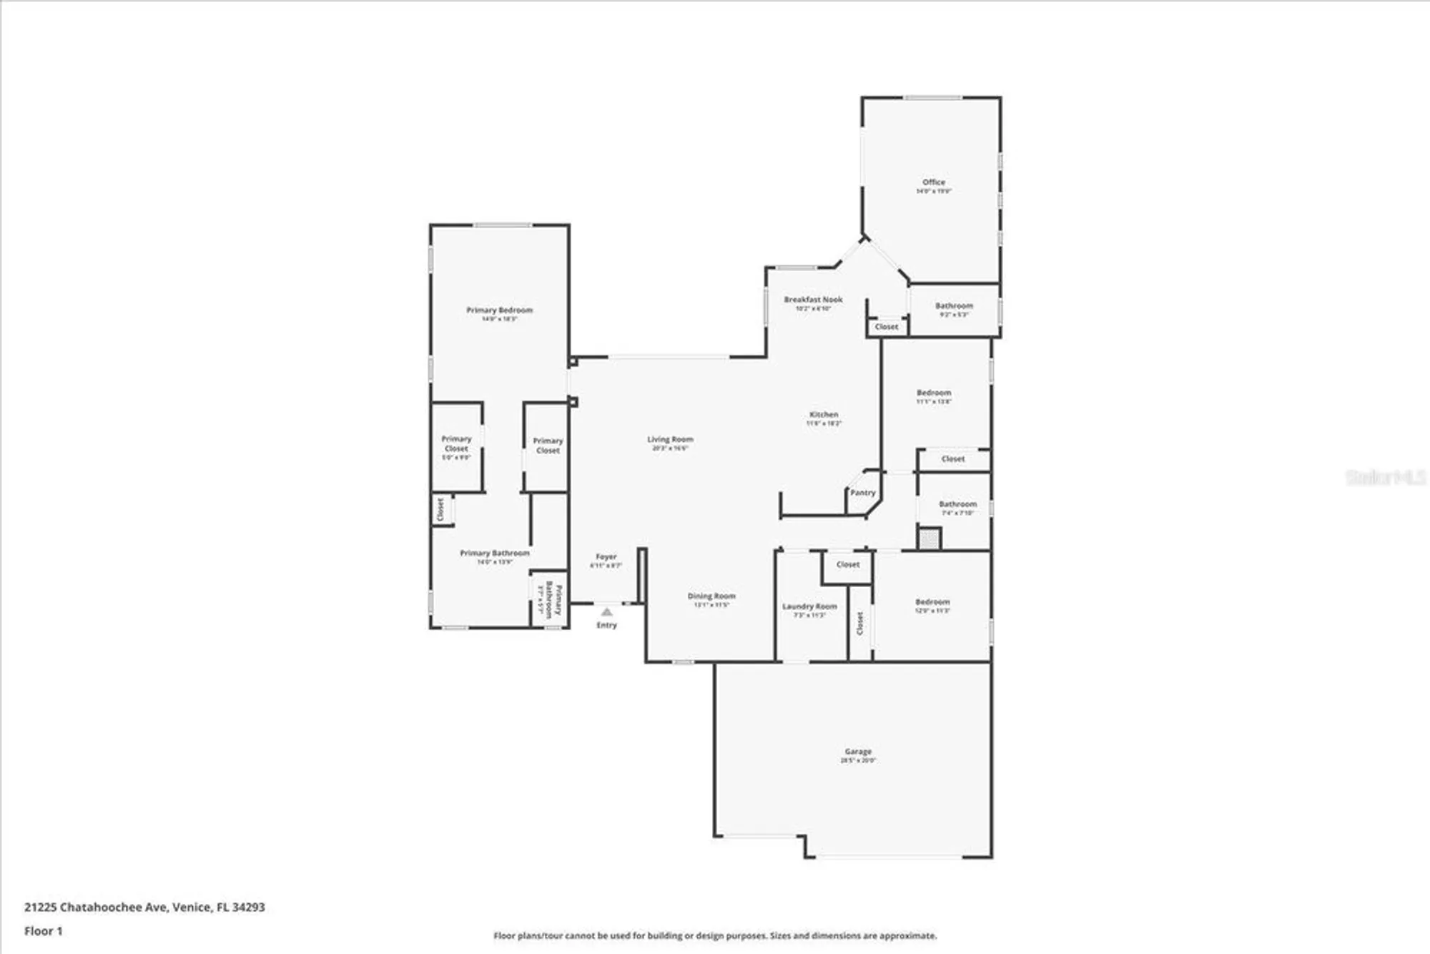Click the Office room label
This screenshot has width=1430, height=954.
[933, 182]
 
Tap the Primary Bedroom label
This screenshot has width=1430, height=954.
[499, 310]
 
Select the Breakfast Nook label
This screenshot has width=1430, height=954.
[813, 300]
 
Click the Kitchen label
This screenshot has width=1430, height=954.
[824, 415]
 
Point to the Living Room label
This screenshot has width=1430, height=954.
[670, 440]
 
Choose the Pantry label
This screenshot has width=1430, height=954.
[862, 493]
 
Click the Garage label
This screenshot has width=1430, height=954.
[858, 752]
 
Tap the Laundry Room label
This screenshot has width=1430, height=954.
[809, 606]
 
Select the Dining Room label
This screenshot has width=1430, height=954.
[711, 596]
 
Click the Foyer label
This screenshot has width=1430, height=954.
[606, 557]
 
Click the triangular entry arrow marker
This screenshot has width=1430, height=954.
[606, 612]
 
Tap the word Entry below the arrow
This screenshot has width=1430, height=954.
[606, 625]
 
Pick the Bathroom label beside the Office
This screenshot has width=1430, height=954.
[954, 306]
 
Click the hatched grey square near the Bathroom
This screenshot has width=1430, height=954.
[929, 539]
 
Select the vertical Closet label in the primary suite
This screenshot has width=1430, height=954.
[440, 509]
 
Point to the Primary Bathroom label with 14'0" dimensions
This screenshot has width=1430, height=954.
[495, 554]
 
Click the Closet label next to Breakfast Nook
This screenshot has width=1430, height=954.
[887, 327]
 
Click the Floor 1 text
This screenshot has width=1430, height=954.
[44, 931]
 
